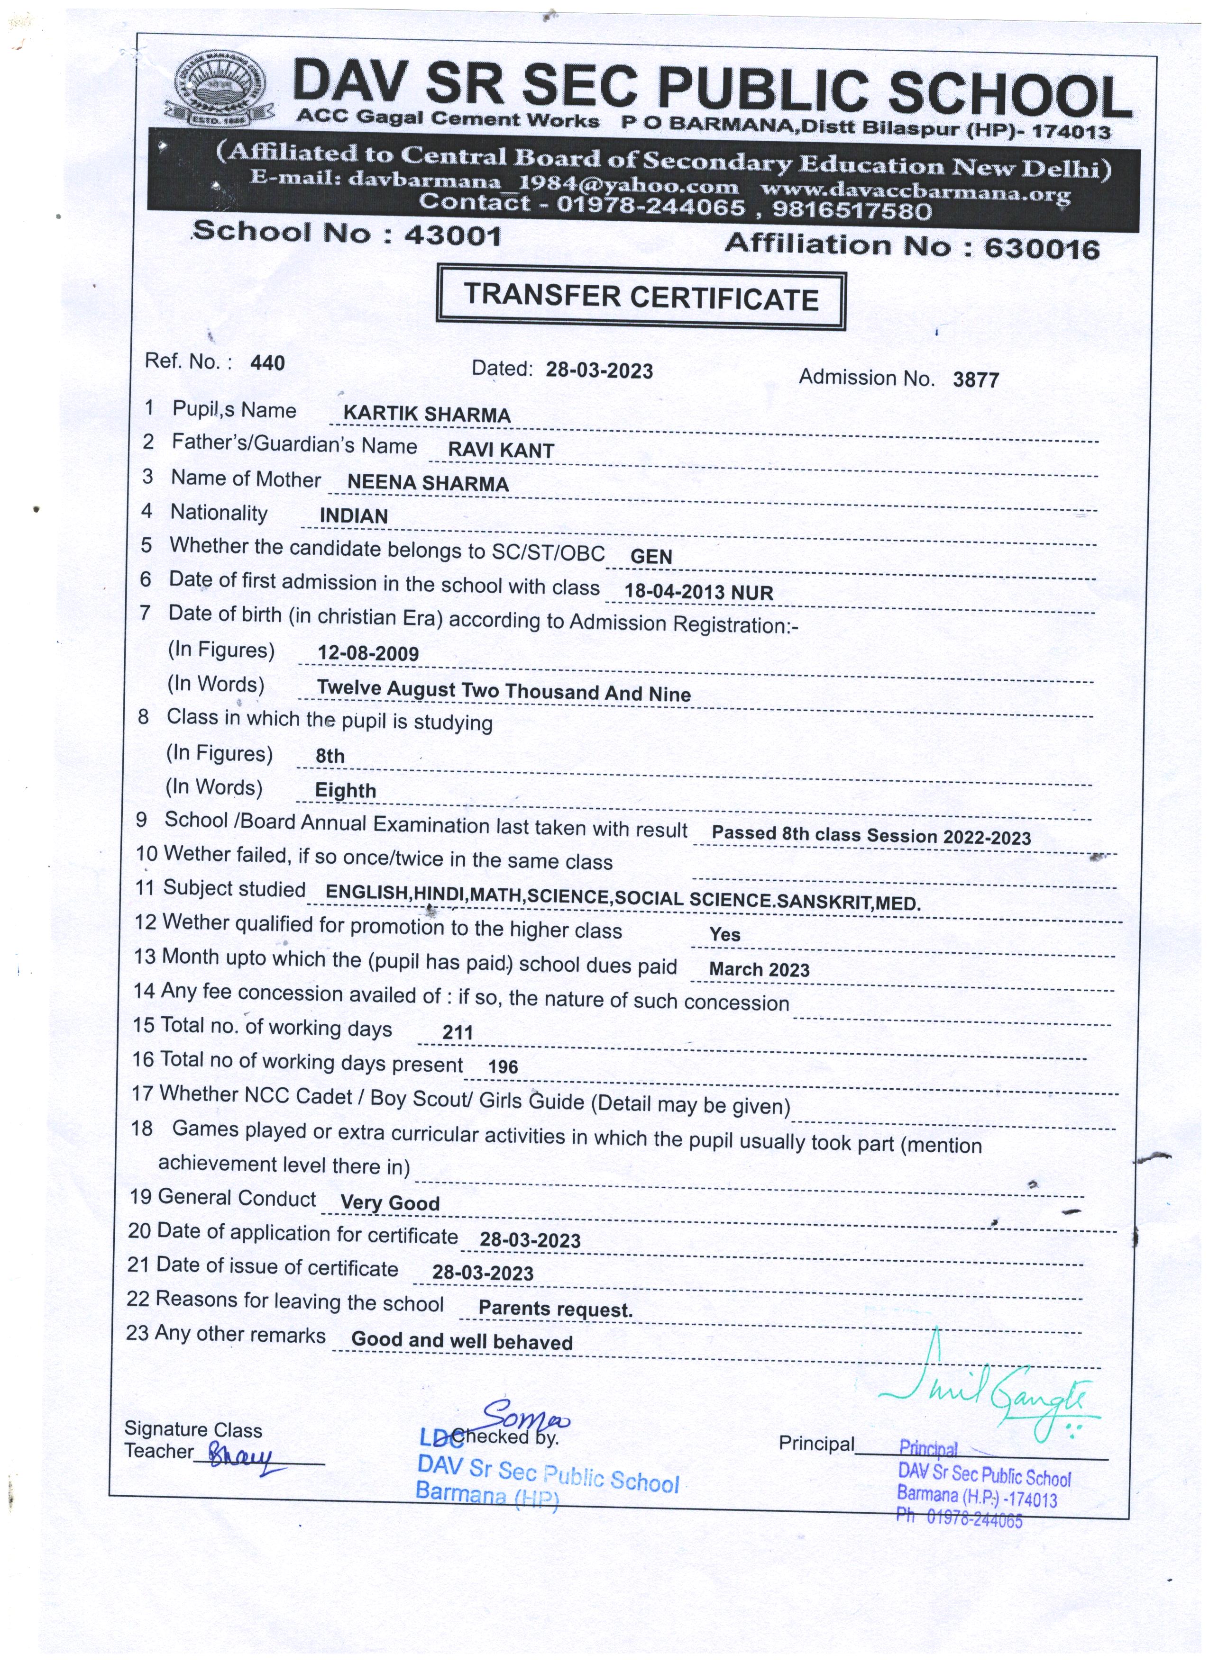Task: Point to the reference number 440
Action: (267, 363)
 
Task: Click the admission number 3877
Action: (976, 379)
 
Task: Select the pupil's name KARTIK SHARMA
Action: (427, 415)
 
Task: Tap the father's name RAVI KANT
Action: (501, 450)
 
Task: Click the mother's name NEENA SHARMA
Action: (428, 483)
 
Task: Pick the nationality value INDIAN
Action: (353, 516)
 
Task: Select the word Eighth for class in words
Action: (345, 791)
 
